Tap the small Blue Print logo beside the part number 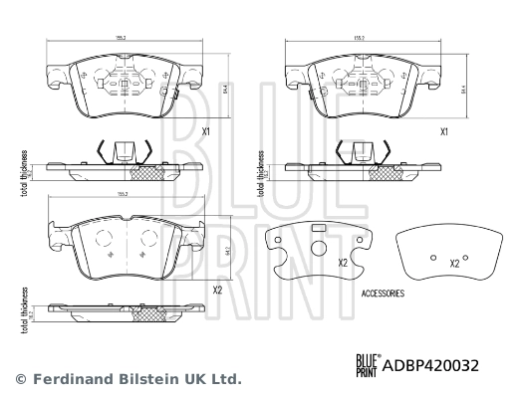tap(366, 365)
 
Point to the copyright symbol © tap(19, 379)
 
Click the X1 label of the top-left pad tap(206, 131)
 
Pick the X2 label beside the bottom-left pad tap(217, 292)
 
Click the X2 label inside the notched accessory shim tap(341, 264)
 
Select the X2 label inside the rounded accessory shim tap(454, 264)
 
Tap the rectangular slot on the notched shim tap(320, 229)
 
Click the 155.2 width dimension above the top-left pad tap(119, 38)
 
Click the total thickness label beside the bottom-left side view tap(23, 307)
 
